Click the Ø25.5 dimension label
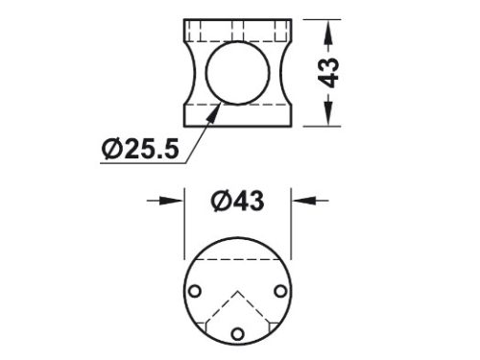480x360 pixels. pyautogui.click(x=139, y=149)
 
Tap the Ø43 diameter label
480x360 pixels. pyautogui.click(x=236, y=201)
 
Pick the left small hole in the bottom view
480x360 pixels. pyautogui.click(x=196, y=291)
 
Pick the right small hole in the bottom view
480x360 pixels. pyautogui.click(x=279, y=291)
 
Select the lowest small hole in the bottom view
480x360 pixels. pyautogui.click(x=237, y=333)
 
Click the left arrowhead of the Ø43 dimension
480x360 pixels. pyautogui.click(x=177, y=201)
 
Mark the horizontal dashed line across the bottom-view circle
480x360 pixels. pyautogui.click(x=237, y=260)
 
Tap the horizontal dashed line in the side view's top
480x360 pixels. pyautogui.click(x=237, y=35)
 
